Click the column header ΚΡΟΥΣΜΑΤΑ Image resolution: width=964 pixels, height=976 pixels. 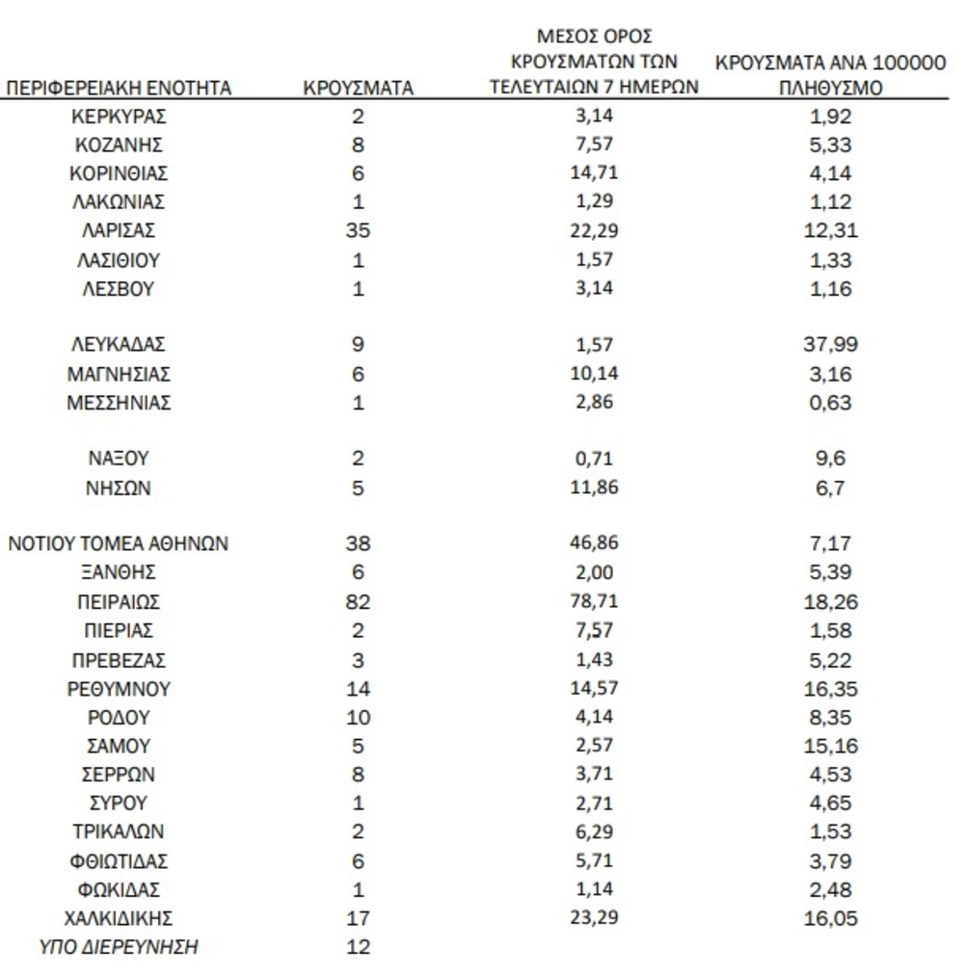click(x=358, y=90)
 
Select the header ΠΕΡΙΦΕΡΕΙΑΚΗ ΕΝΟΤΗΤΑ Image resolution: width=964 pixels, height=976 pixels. click(x=119, y=90)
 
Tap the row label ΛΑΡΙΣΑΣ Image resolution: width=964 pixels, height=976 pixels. click(x=119, y=230)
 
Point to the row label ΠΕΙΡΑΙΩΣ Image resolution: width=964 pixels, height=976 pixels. click(x=119, y=603)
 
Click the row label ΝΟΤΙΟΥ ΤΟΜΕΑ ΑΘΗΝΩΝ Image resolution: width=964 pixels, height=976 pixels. click(x=119, y=543)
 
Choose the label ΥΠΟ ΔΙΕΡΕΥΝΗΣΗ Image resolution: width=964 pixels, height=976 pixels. click(x=119, y=947)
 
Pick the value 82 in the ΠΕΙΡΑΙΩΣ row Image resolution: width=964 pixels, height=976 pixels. click(x=358, y=603)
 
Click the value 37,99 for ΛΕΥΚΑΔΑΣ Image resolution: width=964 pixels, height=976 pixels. click(x=830, y=345)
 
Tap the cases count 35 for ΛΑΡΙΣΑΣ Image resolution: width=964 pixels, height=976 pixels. click(x=358, y=230)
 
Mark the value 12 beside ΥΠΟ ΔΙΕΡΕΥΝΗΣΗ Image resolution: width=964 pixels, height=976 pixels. click(x=358, y=947)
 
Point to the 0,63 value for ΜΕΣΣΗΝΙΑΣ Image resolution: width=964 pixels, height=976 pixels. click(x=830, y=404)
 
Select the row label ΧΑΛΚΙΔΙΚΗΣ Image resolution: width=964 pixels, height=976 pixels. click(x=119, y=918)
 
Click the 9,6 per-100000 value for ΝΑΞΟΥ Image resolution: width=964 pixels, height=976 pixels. click(x=830, y=460)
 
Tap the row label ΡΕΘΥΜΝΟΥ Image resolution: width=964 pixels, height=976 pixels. click(x=119, y=690)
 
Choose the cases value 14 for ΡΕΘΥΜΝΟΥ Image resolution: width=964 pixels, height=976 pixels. click(x=358, y=690)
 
